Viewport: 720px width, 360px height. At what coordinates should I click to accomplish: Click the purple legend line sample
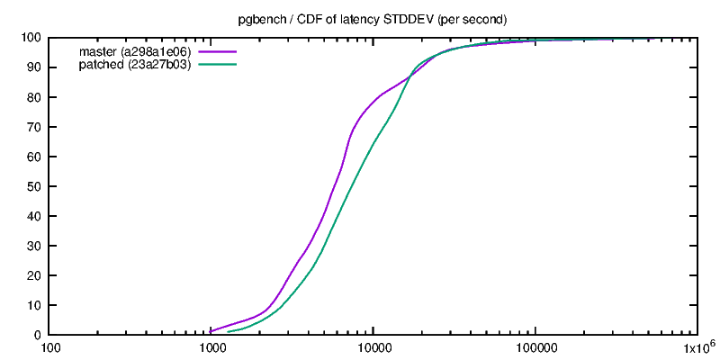(217, 51)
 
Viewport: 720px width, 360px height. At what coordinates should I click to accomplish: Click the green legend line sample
(217, 65)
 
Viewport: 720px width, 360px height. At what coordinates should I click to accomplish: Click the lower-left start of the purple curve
(211, 332)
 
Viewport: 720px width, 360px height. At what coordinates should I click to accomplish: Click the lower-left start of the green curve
(228, 332)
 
